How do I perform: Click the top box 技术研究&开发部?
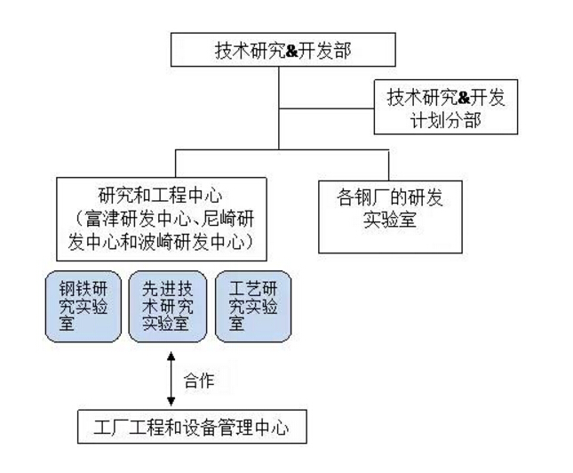283,51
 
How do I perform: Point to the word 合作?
198,381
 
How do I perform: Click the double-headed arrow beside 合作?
171,380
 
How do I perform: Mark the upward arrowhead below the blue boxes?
171,357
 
